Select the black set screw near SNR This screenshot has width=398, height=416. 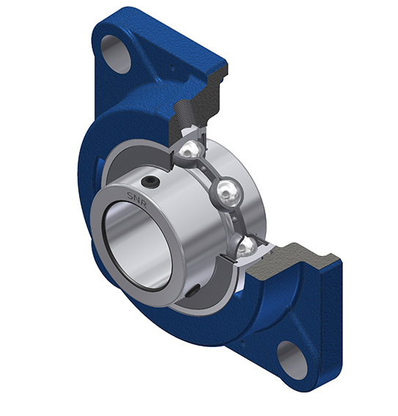[150, 182]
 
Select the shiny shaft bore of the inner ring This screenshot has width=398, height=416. [136, 244]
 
